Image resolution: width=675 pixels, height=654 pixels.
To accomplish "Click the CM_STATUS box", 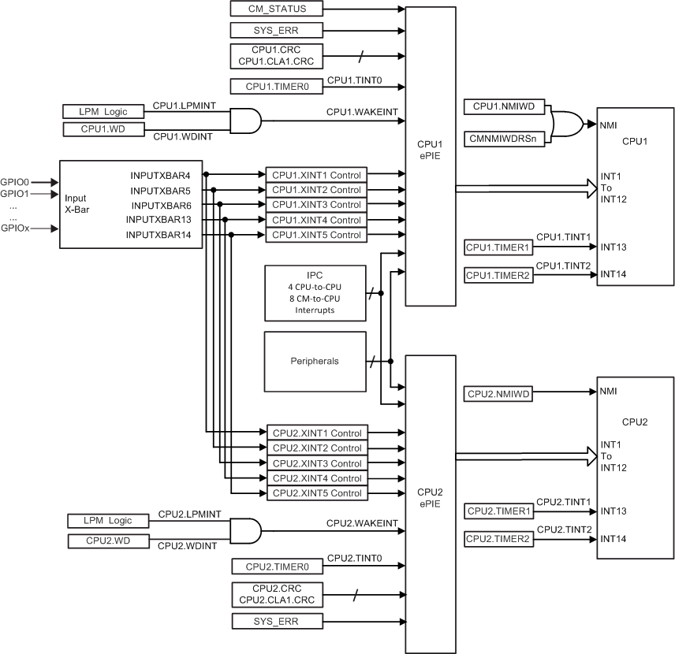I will [276, 9].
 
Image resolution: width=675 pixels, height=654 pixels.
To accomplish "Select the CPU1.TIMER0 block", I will [276, 86].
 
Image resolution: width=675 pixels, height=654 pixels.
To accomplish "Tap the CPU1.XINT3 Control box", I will [316, 205].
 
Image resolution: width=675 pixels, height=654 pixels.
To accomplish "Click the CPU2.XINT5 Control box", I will [316, 493].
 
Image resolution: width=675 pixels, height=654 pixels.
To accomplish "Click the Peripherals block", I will [315, 361].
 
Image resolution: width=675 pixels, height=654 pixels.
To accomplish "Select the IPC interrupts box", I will [315, 293].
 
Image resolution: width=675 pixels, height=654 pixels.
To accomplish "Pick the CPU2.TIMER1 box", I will [498, 511].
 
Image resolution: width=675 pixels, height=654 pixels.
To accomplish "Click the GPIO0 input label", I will [14, 182].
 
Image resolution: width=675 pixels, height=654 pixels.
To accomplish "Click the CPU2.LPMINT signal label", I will [190, 514].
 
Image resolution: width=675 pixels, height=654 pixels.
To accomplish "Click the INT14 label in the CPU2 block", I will [613, 539].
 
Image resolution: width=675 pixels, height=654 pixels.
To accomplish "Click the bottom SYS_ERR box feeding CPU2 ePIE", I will [276, 622].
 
